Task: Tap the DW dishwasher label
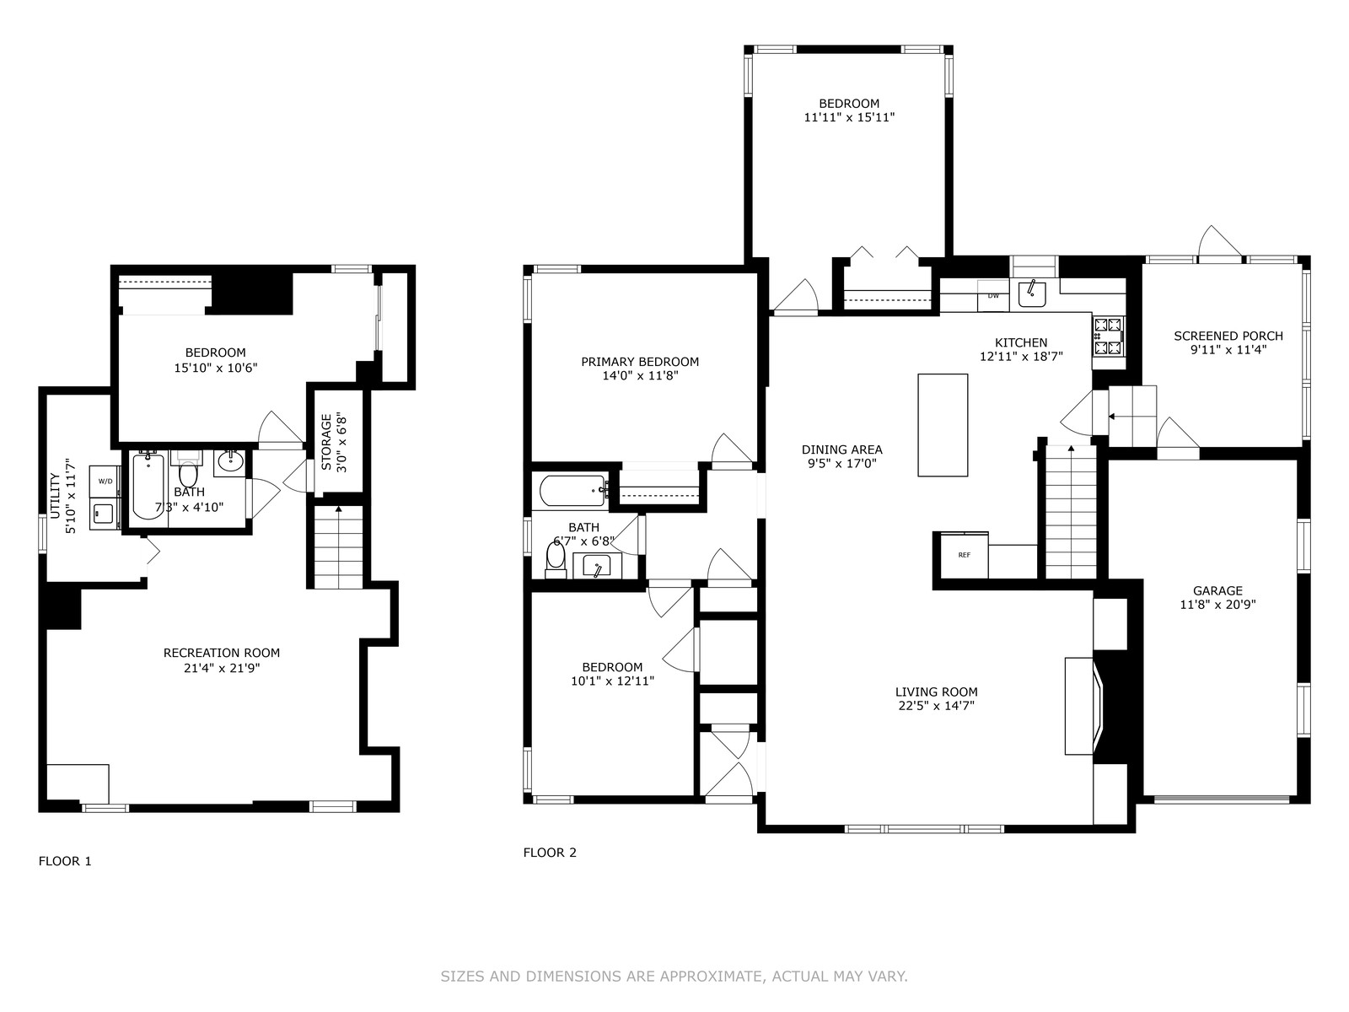click(993, 295)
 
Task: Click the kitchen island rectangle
click(943, 424)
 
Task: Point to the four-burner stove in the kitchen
click(1108, 336)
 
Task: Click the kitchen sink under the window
click(1033, 293)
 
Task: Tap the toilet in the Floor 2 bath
click(556, 558)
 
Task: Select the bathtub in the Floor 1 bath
click(148, 486)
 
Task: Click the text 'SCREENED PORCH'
click(1228, 336)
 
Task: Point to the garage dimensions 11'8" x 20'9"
click(1217, 605)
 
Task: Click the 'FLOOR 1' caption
click(65, 861)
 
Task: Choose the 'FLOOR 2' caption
click(550, 853)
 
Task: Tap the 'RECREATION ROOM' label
click(221, 653)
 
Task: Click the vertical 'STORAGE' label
click(326, 442)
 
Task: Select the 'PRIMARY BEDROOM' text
click(640, 362)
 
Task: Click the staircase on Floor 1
click(339, 546)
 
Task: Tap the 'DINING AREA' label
click(842, 449)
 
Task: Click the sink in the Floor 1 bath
click(230, 462)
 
